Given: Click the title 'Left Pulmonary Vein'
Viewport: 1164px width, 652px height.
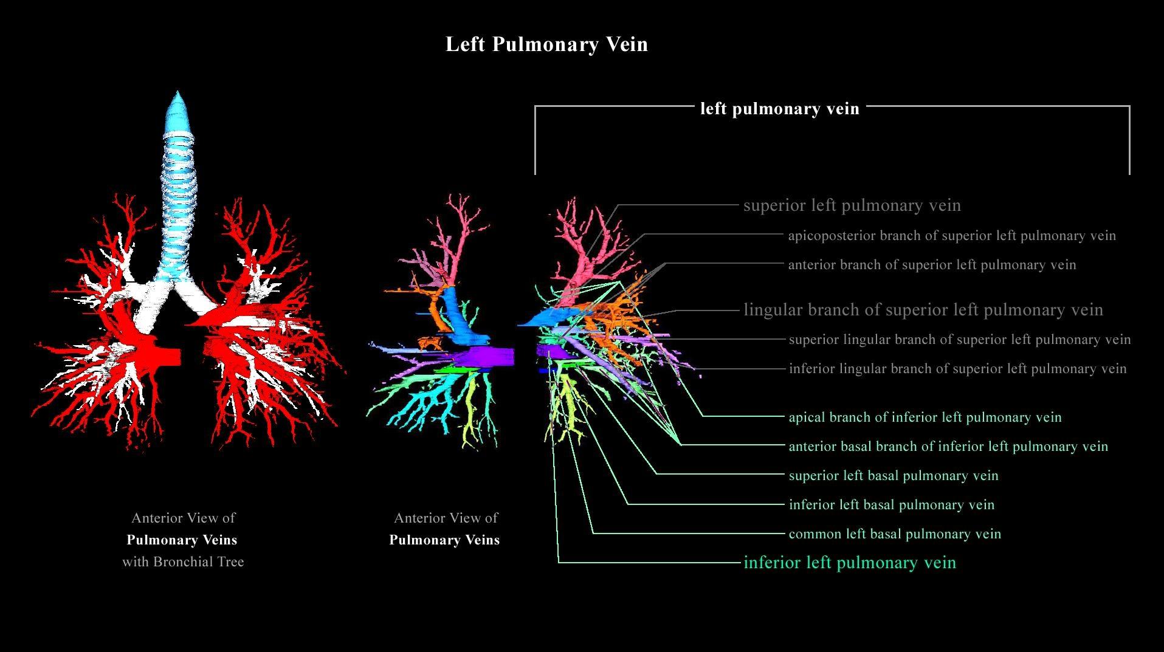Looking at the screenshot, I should click(546, 44).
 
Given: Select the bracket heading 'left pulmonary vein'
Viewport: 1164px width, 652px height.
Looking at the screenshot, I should click(780, 109).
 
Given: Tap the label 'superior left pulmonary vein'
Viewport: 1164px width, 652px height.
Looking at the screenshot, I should click(852, 205).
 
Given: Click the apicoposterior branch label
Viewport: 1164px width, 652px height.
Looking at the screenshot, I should click(952, 236).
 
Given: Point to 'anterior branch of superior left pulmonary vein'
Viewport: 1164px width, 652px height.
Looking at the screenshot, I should click(932, 265).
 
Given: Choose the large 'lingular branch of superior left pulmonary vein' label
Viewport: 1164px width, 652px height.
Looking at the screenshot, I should click(923, 310).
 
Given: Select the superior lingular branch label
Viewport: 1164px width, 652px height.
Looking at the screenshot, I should click(960, 340).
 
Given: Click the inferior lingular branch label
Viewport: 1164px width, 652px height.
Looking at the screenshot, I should click(957, 369).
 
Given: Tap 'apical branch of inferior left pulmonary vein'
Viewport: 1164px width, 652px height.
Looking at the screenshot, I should click(925, 417).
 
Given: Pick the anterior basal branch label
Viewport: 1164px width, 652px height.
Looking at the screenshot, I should click(948, 447).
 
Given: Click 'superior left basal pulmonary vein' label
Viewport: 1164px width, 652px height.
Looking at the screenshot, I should click(894, 476).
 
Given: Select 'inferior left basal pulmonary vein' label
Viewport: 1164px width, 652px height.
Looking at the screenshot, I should click(892, 505).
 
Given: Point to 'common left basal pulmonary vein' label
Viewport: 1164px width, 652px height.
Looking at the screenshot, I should click(895, 534).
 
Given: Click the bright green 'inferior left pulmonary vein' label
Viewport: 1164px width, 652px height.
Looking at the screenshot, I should click(850, 563).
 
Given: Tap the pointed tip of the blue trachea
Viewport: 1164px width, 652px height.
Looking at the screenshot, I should click(177, 95).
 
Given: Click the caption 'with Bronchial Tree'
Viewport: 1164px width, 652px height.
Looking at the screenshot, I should click(183, 562).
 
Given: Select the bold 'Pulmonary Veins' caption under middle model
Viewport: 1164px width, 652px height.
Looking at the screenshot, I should click(444, 540).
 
